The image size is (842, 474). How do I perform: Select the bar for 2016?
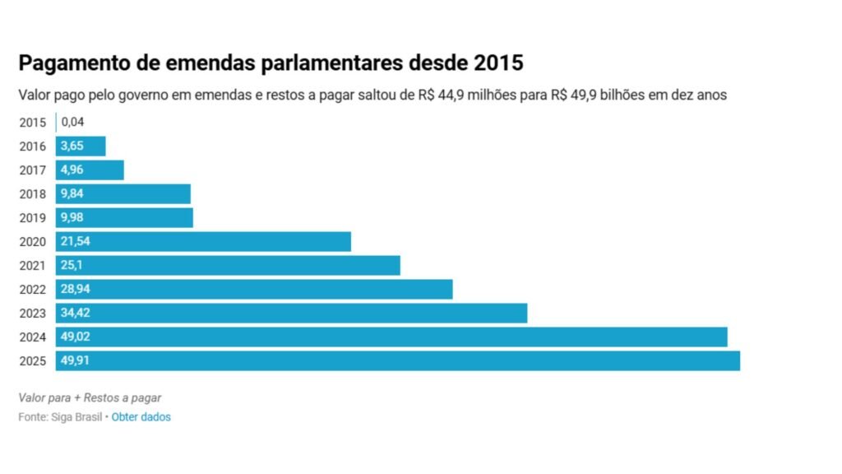tap(81, 146)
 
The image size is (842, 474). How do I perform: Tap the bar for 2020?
tap(203, 242)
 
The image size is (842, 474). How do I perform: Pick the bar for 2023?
tap(291, 314)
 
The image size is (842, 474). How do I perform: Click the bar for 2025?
tap(398, 361)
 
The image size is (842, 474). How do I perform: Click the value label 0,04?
tap(72, 123)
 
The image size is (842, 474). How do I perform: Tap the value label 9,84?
tap(71, 194)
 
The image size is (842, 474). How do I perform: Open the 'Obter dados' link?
tap(141, 417)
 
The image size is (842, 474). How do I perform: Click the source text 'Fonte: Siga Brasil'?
tap(60, 417)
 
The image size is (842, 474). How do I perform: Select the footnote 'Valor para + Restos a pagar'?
tap(90, 397)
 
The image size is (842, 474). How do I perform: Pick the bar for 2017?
tap(90, 170)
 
